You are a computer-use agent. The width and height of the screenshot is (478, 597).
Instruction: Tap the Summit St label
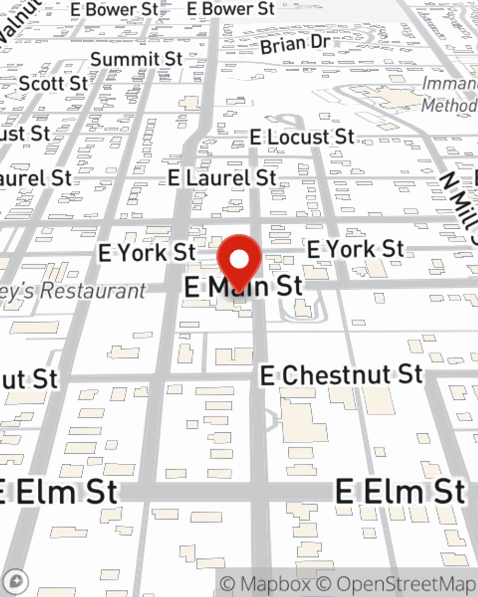tap(137, 59)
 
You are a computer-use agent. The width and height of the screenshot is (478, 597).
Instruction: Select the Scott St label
tap(54, 84)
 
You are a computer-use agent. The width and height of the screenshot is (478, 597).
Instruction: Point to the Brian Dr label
tap(295, 44)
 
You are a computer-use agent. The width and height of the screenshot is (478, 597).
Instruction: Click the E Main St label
tap(244, 287)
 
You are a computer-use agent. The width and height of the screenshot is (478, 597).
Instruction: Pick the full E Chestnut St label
tap(341, 374)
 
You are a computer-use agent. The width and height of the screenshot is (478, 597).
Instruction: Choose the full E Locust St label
tap(302, 138)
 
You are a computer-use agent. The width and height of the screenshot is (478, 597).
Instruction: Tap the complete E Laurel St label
tap(222, 178)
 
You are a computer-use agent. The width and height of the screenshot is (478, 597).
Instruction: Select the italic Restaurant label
tap(72, 291)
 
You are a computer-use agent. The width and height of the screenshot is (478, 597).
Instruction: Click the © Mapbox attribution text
tap(266, 584)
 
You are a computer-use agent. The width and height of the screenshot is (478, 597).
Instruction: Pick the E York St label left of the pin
tap(147, 252)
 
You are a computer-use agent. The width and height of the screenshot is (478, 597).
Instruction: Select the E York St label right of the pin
tap(355, 249)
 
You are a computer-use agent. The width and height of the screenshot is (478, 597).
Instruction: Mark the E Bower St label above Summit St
tap(114, 9)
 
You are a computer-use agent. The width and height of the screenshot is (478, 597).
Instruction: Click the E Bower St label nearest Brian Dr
tap(231, 8)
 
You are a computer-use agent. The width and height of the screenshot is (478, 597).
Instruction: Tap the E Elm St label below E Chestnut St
tap(401, 491)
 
